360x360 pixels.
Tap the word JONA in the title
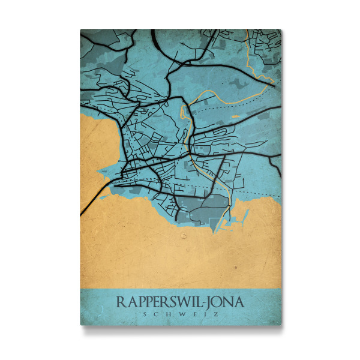coord(226,301)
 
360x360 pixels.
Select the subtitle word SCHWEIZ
coord(181,313)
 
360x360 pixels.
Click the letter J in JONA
coord(212,302)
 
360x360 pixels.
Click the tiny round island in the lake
coord(183,236)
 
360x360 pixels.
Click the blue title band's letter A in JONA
coord(239,301)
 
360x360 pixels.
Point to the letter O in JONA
coord(219,301)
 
